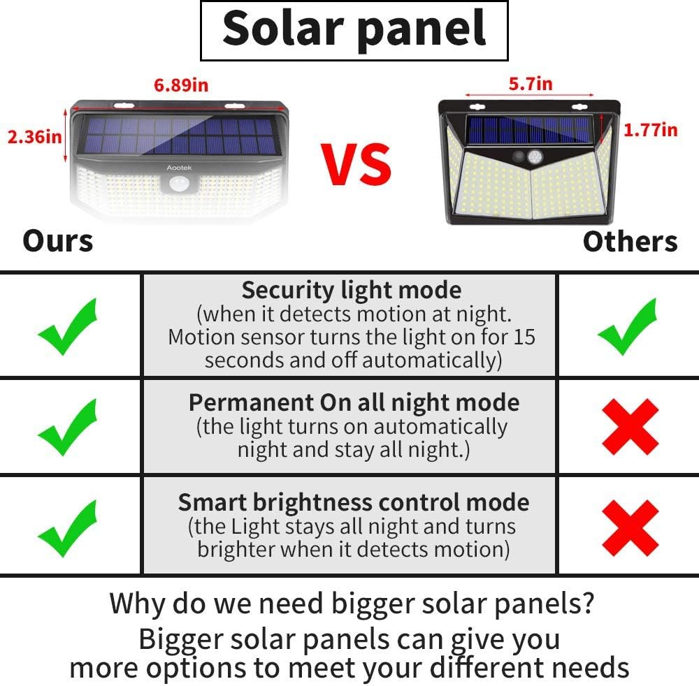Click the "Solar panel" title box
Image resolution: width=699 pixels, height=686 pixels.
tap(354, 30)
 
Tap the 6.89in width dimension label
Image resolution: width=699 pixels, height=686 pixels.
tap(181, 85)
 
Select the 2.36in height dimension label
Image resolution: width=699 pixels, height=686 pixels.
tap(34, 136)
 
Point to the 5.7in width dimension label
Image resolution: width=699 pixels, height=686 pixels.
tap(530, 84)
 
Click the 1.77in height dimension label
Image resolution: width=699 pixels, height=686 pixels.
tap(650, 129)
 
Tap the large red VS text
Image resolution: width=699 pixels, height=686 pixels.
tap(356, 164)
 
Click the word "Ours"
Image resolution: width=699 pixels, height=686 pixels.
tap(57, 241)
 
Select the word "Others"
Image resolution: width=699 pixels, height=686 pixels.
tap(630, 242)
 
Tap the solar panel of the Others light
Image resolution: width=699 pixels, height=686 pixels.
tap(530, 128)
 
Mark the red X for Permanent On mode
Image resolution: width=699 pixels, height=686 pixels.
tap(630, 428)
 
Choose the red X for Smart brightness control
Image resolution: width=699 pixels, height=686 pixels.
tap(630, 527)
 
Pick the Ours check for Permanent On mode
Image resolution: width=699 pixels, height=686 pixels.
tap(67, 426)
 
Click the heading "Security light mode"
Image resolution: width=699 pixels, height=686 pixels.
tap(351, 290)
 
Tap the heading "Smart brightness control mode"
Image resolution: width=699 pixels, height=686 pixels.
tap(353, 502)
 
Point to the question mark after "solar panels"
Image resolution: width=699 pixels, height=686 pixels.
tap(588, 602)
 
